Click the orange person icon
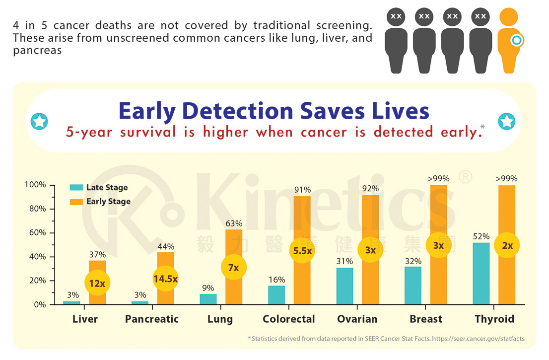click(x=509, y=42)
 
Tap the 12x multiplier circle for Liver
click(x=97, y=283)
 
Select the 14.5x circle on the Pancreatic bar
click(x=165, y=279)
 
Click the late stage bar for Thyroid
click(x=481, y=274)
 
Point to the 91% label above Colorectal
click(x=302, y=189)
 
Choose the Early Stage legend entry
click(x=108, y=201)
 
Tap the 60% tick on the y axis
click(x=35, y=232)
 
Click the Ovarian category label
click(x=357, y=319)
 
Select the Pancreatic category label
click(x=152, y=319)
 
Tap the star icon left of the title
click(x=39, y=121)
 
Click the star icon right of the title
click(x=506, y=121)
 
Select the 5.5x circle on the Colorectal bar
click(x=302, y=251)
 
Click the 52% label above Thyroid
click(x=481, y=236)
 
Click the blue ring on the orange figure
click(x=517, y=40)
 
